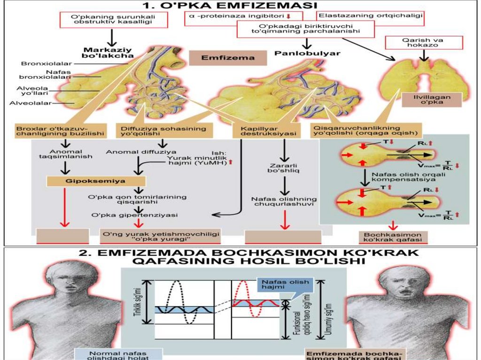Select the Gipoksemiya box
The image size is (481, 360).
[96, 180]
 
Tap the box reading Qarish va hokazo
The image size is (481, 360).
[423, 43]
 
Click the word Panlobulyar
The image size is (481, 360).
[307, 54]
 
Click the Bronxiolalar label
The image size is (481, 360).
[41, 63]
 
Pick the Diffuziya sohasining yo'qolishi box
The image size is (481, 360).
[163, 131]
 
